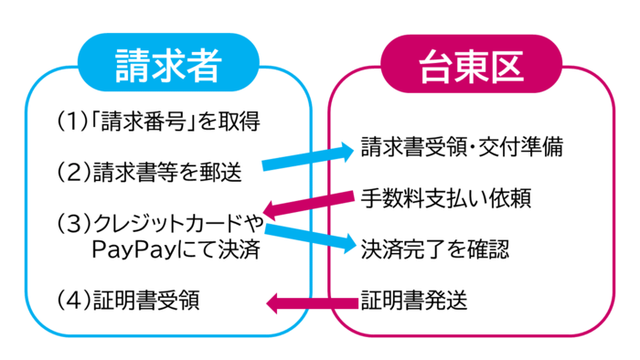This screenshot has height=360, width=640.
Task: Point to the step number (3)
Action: (x=70, y=223)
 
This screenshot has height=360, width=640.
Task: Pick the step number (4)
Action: (x=70, y=301)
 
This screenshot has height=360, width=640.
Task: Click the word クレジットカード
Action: (x=165, y=223)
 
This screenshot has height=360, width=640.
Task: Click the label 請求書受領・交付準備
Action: (x=461, y=146)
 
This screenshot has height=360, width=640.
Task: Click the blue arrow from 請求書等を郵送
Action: (x=307, y=157)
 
